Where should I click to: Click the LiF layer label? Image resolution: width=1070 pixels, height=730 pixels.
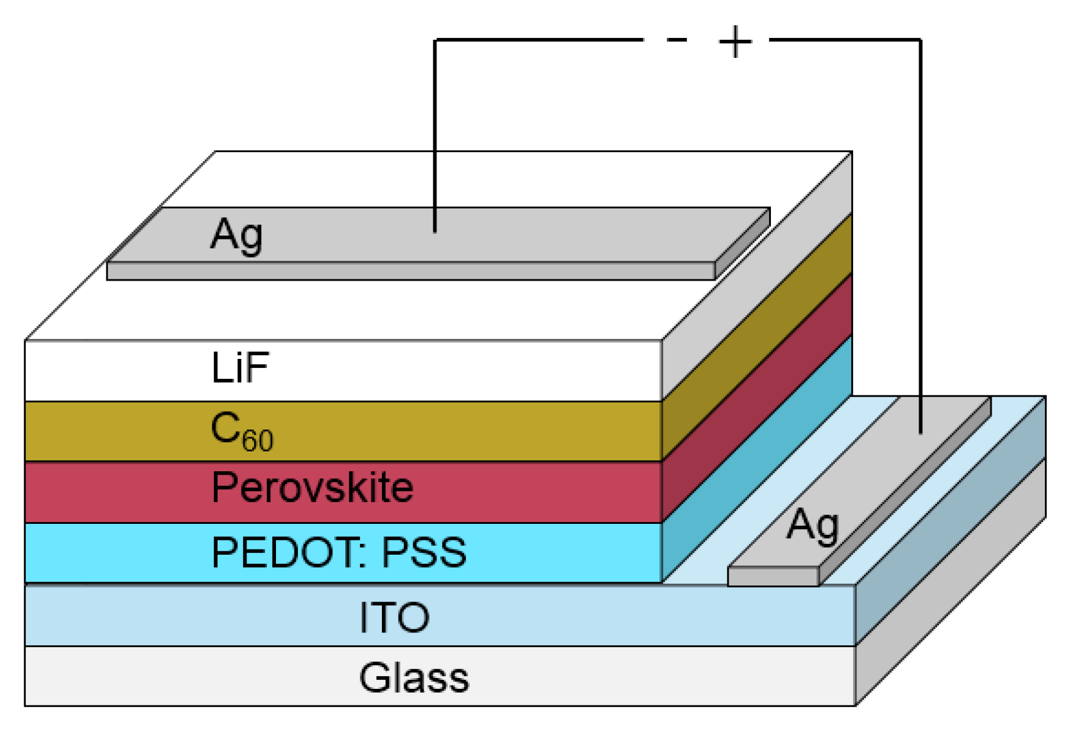click(240, 368)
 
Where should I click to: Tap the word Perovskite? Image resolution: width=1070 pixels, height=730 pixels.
click(312, 487)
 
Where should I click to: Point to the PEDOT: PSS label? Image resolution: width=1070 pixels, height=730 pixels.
click(338, 552)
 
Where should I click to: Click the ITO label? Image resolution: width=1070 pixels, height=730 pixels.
click(394, 617)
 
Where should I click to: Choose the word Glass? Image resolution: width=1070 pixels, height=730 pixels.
click(414, 677)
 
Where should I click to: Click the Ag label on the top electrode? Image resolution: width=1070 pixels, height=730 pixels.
click(236, 234)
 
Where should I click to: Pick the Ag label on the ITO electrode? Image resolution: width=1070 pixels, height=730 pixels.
click(813, 526)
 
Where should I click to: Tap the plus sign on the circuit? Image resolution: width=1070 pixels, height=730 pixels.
click(735, 41)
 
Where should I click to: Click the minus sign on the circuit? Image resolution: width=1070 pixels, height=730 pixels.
click(677, 40)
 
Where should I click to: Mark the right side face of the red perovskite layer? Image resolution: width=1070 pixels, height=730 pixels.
click(757, 398)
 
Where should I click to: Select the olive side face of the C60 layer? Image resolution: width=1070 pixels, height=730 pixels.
click(757, 337)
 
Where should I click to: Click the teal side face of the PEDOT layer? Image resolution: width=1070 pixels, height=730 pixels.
click(757, 459)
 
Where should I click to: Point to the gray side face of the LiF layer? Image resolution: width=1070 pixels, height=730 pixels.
click(757, 276)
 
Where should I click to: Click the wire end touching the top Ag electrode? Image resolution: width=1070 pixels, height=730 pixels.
click(435, 229)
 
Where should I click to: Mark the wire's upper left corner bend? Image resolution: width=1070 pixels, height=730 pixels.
click(436, 40)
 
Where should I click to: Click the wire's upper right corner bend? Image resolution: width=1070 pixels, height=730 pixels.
click(920, 40)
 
